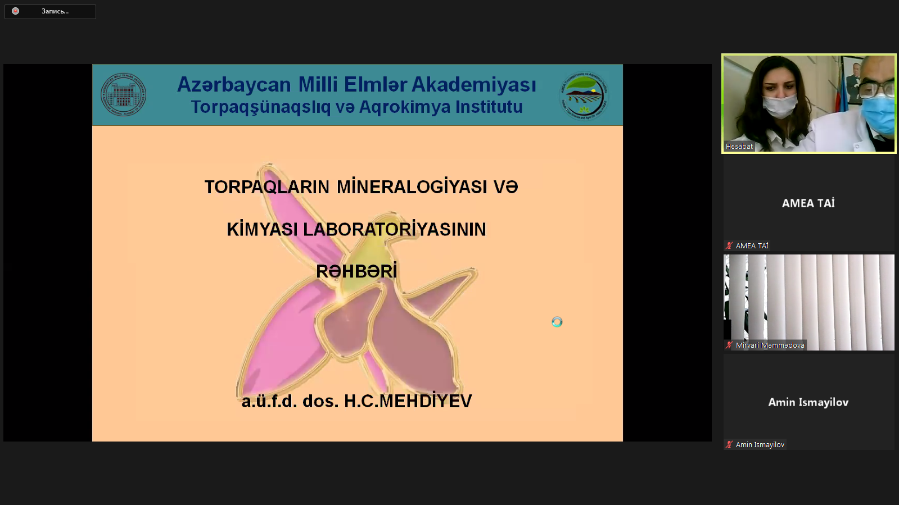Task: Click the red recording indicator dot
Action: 16,11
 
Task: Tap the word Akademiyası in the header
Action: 474,85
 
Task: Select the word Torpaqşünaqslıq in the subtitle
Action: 260,107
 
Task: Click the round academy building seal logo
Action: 124,94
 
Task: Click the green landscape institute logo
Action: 584,95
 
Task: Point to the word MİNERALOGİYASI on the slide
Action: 412,187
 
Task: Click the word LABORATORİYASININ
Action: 394,230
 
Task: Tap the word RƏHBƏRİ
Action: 356,271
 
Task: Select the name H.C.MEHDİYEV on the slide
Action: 408,401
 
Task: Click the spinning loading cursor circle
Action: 557,322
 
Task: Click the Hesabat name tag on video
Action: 739,147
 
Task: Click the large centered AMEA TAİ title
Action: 808,203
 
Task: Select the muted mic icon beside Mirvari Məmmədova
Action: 729,345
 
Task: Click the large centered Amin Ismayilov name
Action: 808,402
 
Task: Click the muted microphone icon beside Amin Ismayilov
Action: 729,444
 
